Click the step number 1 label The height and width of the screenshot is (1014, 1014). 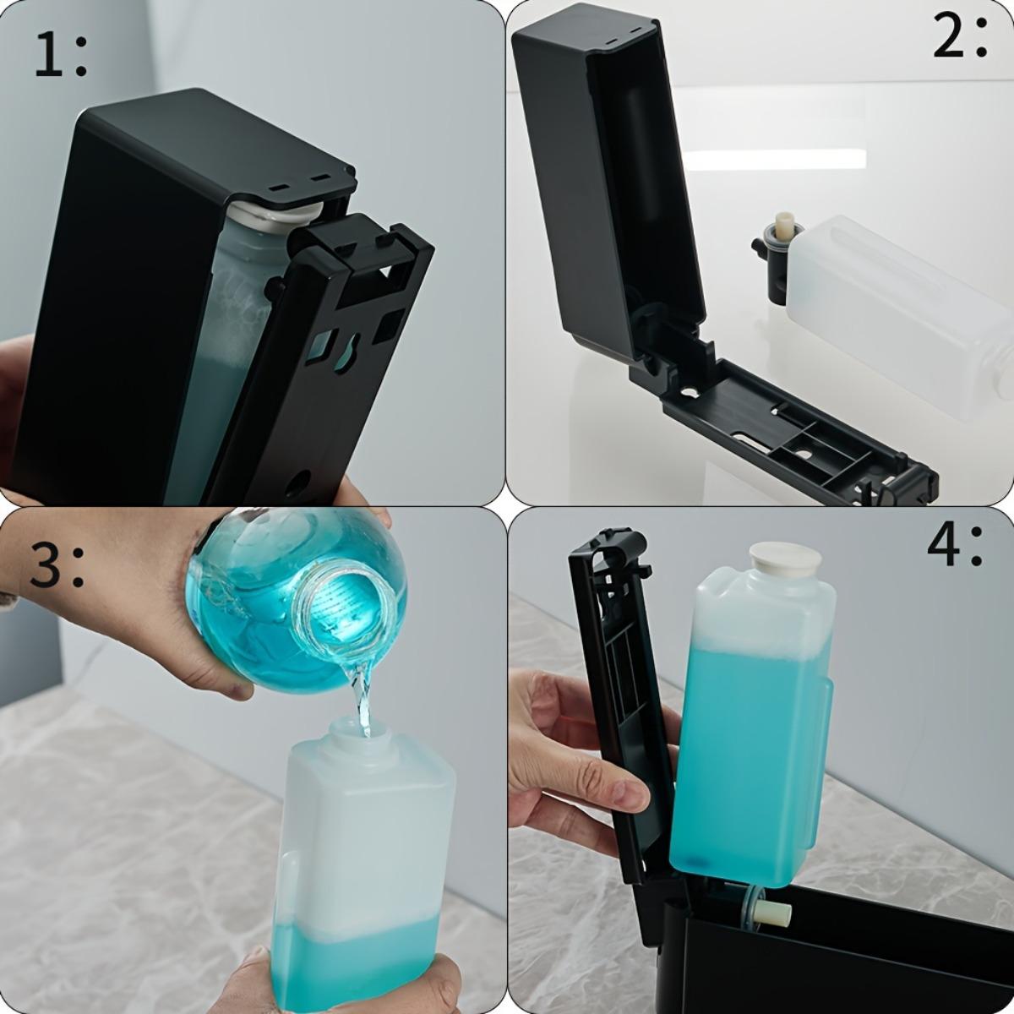coord(61,54)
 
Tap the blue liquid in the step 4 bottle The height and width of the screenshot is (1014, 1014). coord(744,760)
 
